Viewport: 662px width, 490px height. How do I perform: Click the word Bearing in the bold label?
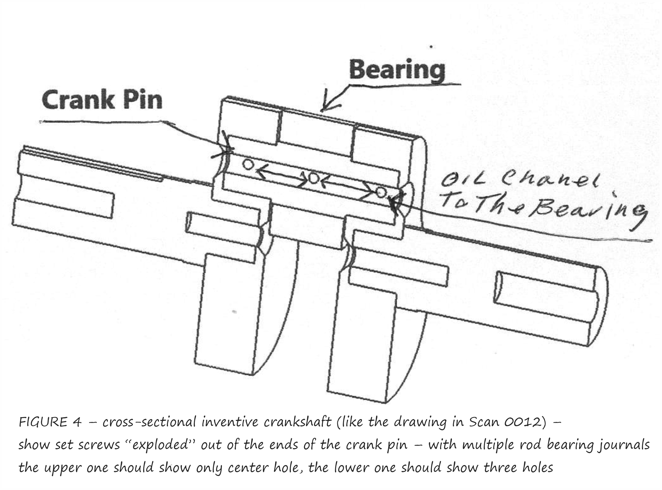coord(397,70)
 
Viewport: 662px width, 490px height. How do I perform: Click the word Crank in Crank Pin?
coord(78,100)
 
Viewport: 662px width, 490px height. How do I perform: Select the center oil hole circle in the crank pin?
coord(313,178)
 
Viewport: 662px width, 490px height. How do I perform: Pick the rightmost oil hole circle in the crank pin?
coord(381,192)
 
